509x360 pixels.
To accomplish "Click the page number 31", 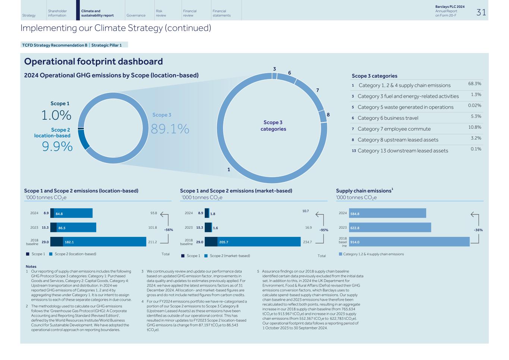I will (x=481, y=12).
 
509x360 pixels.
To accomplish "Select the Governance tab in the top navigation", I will (x=136, y=15).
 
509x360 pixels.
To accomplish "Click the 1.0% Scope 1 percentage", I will (x=56, y=116).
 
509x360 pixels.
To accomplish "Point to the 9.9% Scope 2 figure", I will (x=57, y=147).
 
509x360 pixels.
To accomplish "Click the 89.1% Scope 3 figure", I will (x=170, y=129).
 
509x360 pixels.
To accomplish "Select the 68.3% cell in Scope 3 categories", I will (x=474, y=84).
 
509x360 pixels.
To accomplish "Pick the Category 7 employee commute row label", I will (x=394, y=129).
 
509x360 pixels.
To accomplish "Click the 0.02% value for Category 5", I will (x=474, y=106).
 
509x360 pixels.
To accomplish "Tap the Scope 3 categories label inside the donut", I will (x=273, y=126).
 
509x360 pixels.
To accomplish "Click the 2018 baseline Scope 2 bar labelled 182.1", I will (x=104, y=242).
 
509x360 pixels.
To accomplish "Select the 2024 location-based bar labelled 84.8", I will (x=73, y=213).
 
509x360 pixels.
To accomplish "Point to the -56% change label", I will (x=169, y=230).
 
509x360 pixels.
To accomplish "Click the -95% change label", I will (x=324, y=230).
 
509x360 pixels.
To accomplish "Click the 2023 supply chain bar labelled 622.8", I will (x=390, y=228).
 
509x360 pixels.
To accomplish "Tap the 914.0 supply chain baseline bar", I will (x=409, y=242).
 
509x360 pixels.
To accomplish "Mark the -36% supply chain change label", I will (x=478, y=230).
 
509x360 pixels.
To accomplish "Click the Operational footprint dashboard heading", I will (x=93, y=62).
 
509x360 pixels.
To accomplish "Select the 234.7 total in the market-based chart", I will (x=307, y=242).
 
